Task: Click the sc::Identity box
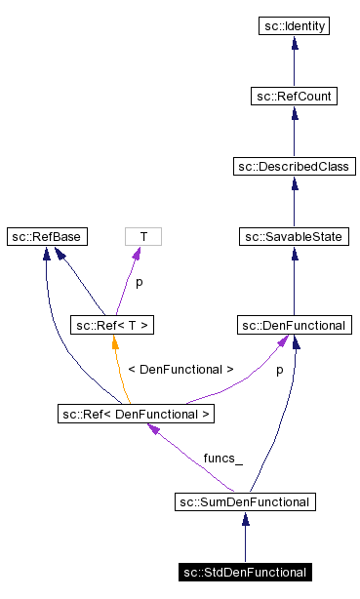[x=294, y=25]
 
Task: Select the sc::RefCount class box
[x=294, y=96]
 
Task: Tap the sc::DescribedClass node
[x=294, y=166]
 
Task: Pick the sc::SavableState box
[x=294, y=236]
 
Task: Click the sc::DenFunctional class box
[x=294, y=324]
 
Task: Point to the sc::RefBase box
[x=46, y=236]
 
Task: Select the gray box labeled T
[x=143, y=236]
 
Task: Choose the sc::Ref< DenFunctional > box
[x=136, y=414]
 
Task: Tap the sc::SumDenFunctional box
[x=244, y=502]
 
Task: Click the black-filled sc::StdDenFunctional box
[x=244, y=573]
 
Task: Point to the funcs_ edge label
[x=222, y=458]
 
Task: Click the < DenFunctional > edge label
[x=180, y=370]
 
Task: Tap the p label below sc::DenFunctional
[x=280, y=371]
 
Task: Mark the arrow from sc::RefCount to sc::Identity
[x=294, y=60]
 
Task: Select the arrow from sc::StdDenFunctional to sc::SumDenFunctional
[x=244, y=538]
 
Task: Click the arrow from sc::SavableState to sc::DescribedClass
[x=294, y=201]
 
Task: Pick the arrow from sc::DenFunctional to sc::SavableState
[x=294, y=280]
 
